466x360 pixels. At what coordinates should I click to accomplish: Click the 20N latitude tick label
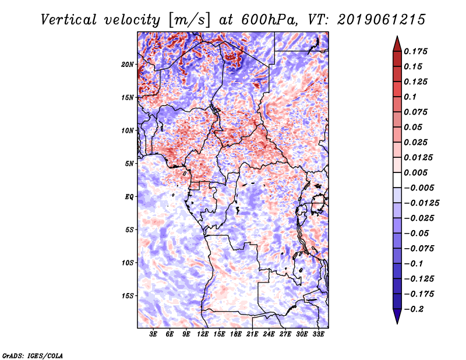pyautogui.click(x=128, y=64)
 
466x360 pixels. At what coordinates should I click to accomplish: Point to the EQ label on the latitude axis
pyautogui.click(x=129, y=197)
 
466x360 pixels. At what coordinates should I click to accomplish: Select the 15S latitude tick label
pyautogui.click(x=128, y=296)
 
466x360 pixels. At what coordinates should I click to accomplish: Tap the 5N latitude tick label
pyautogui.click(x=129, y=164)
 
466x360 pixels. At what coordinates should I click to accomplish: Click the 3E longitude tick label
pyautogui.click(x=154, y=335)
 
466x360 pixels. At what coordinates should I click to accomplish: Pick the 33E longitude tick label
pyautogui.click(x=318, y=335)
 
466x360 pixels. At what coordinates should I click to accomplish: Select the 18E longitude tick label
pyautogui.click(x=236, y=335)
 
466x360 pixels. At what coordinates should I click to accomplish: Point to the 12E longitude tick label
pyautogui.click(x=203, y=335)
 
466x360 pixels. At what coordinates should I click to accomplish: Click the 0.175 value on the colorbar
pyautogui.click(x=416, y=51)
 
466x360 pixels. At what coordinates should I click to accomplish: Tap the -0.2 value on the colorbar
pyautogui.click(x=415, y=309)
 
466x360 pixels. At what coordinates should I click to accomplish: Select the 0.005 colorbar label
pyautogui.click(x=416, y=172)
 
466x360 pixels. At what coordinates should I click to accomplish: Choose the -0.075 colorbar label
pyautogui.click(x=420, y=248)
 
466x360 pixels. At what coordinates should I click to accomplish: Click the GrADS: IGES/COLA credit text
pyautogui.click(x=32, y=355)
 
